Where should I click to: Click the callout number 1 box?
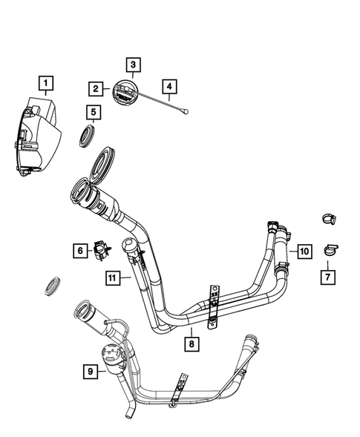click(47, 82)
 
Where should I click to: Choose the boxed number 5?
click(93, 112)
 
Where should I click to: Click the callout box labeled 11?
click(111, 278)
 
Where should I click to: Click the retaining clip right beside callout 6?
click(100, 249)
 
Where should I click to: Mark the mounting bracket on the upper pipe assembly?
click(215, 303)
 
